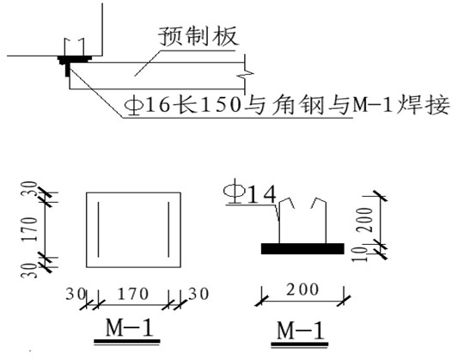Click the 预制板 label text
(198, 36)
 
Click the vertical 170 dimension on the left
(30, 229)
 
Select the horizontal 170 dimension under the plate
(133, 294)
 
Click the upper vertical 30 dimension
(30, 189)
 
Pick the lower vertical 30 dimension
(30, 270)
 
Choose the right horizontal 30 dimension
(198, 294)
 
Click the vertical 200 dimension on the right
(364, 220)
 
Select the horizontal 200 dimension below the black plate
(302, 290)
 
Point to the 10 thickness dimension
(360, 253)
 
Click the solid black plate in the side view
(302, 249)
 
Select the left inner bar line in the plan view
(98, 229)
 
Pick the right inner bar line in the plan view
(168, 229)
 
